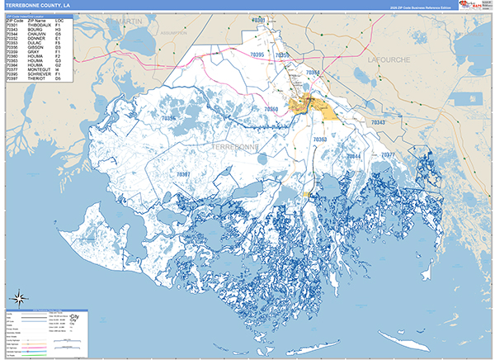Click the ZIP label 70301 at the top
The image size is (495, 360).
coord(259,19)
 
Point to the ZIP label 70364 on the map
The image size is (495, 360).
coord(313,73)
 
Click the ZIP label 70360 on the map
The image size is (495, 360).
coord(271,109)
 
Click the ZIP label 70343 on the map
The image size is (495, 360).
coord(377,122)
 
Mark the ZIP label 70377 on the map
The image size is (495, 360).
coord(388,155)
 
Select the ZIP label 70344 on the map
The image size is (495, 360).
coord(353,156)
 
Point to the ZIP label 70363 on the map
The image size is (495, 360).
coord(320,140)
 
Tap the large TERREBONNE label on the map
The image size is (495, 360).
coord(235,146)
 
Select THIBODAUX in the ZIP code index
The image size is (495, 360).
coord(39,24)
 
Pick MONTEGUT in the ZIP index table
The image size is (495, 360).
coord(39,69)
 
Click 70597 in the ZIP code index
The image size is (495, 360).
coord(13,78)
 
